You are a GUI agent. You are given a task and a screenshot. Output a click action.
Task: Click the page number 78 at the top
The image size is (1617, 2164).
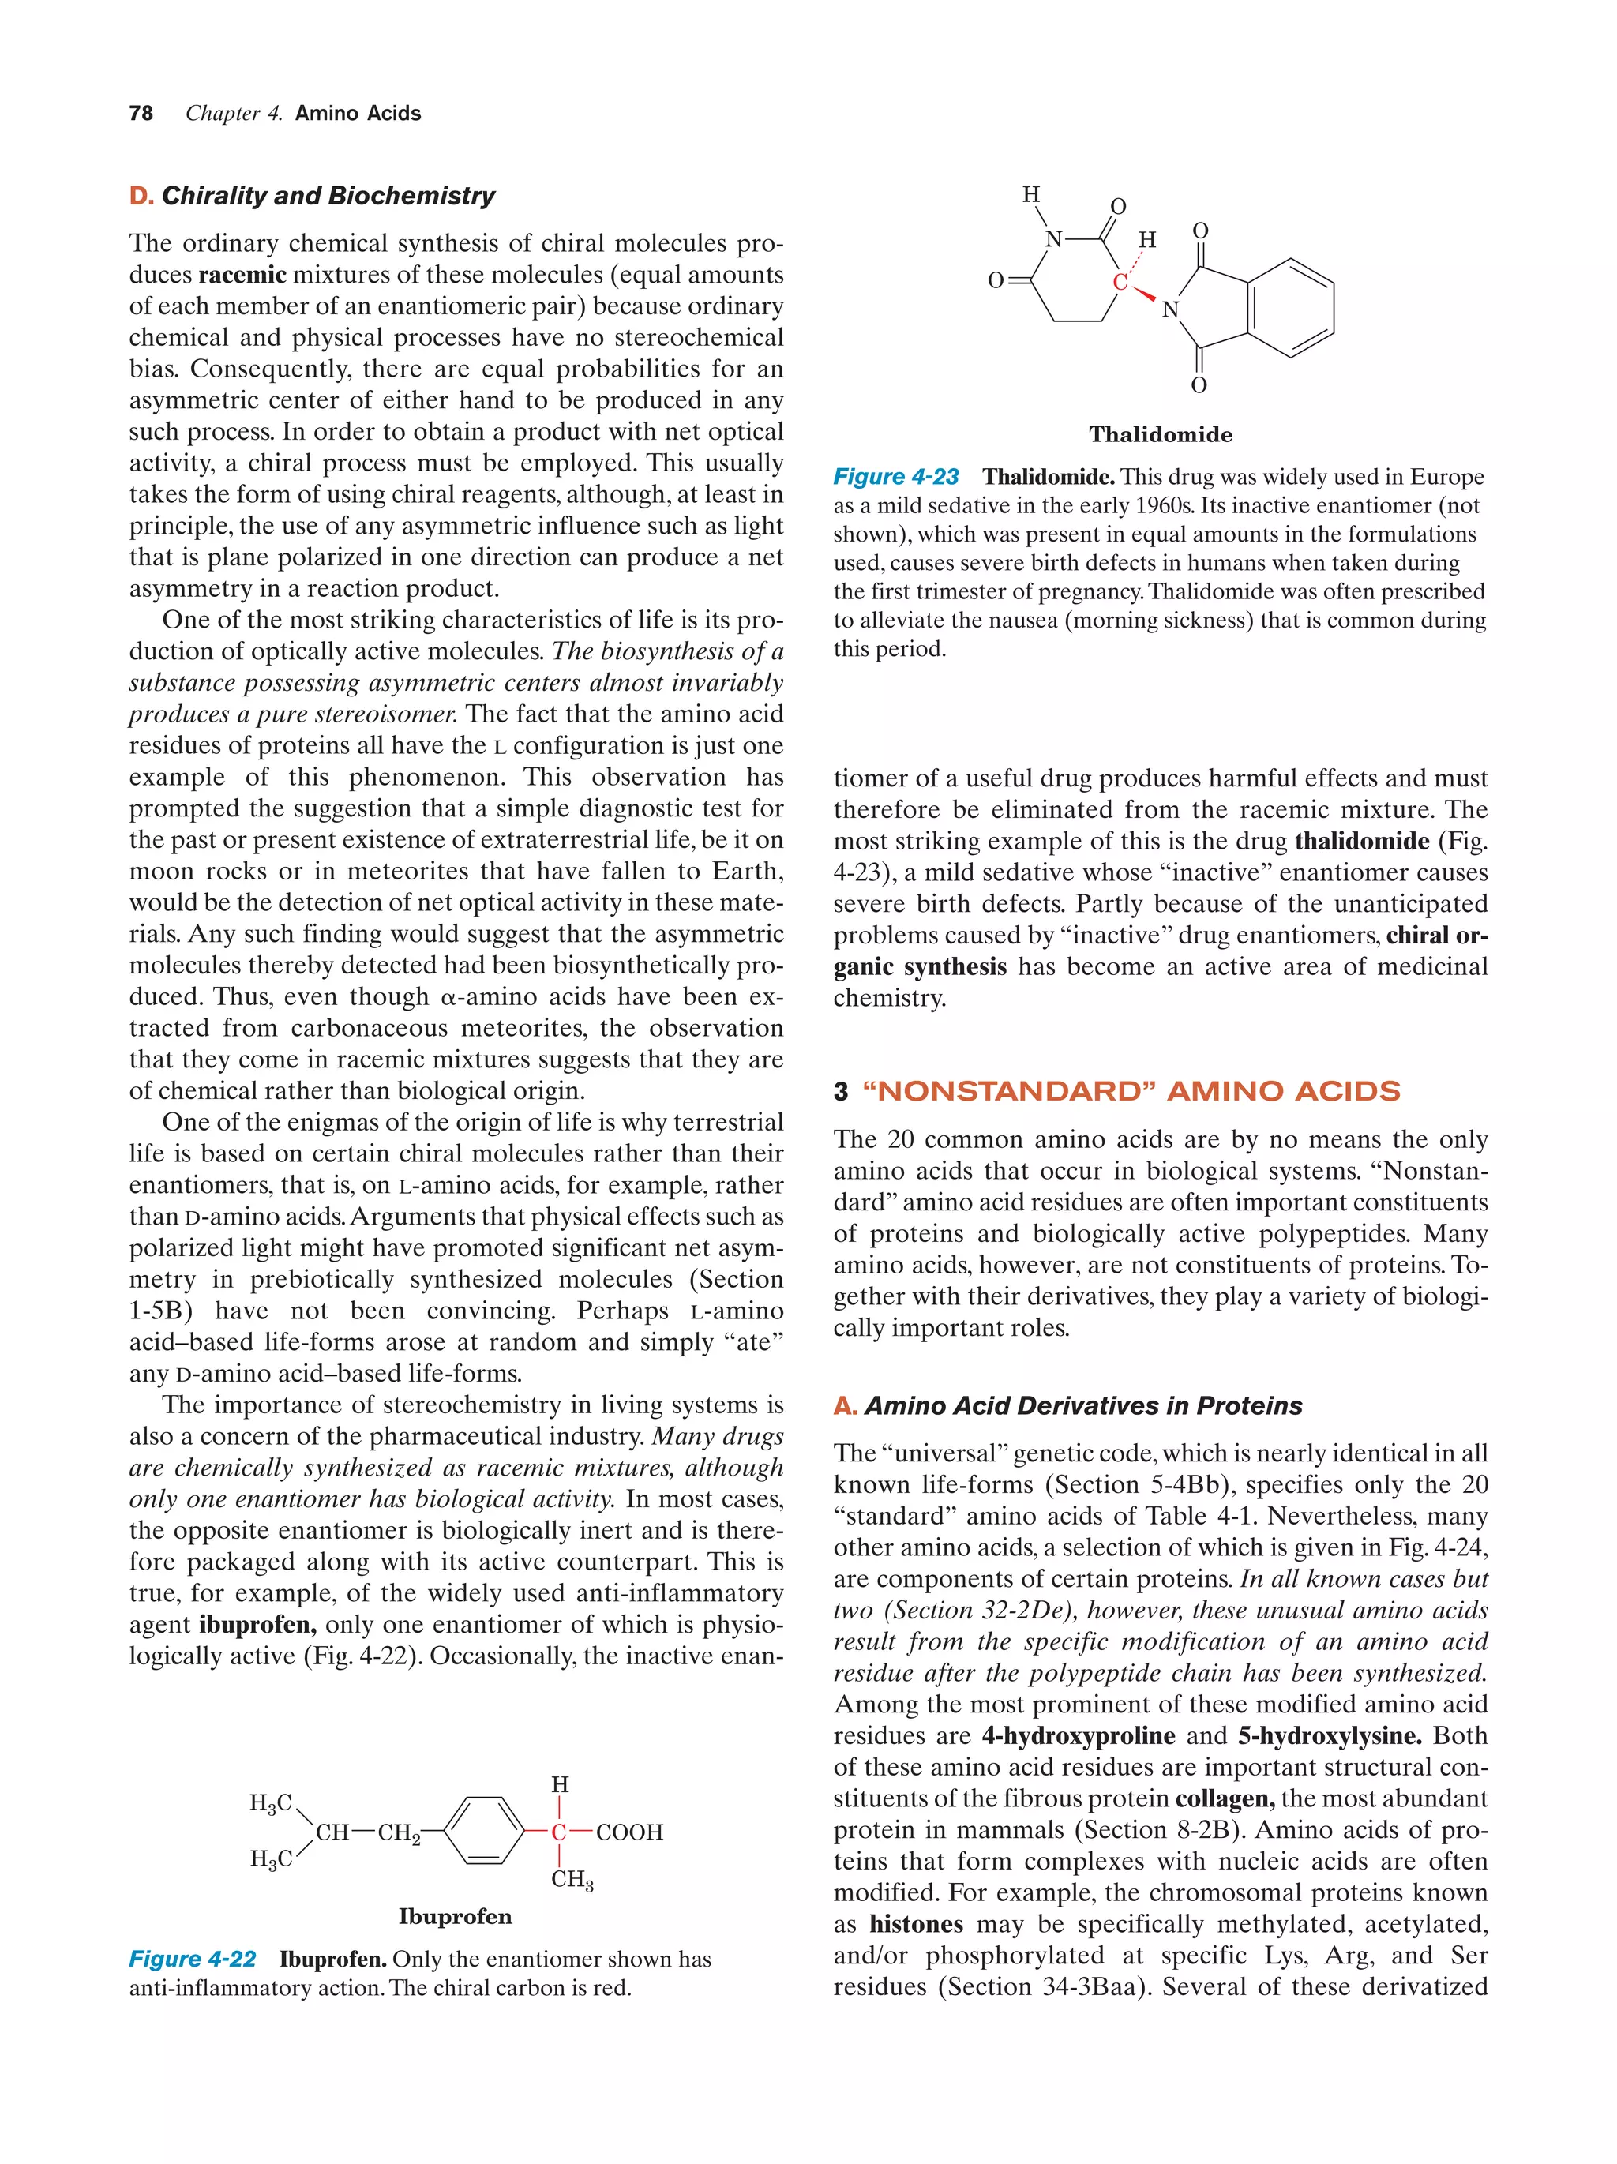[141, 114]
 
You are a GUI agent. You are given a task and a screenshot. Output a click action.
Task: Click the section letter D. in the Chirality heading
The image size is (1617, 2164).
[142, 196]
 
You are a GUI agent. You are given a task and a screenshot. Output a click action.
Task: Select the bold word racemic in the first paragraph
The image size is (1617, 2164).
[242, 275]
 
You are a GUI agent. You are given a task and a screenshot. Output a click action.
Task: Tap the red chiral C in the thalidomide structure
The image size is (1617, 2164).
[1120, 283]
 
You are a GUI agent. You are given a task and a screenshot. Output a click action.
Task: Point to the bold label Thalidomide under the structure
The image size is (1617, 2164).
[1160, 434]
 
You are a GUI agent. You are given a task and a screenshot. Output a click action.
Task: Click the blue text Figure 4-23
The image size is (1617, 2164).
[895, 478]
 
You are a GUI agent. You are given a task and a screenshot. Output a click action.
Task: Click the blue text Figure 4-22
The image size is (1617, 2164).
[193, 1960]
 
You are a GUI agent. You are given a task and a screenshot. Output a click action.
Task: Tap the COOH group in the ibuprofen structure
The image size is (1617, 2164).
[629, 1832]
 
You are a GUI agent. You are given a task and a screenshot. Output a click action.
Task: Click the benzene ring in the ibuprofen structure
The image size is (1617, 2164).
[484, 1830]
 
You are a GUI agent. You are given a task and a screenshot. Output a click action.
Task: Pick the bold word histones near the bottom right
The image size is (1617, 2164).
[916, 1924]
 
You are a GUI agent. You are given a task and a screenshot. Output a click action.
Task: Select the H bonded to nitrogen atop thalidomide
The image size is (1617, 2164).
[1031, 195]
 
